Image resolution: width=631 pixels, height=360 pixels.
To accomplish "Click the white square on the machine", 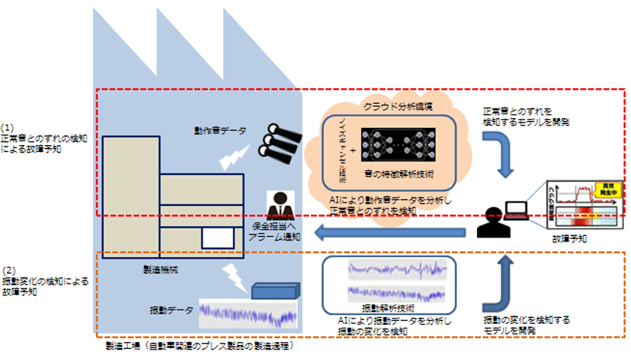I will [216, 237].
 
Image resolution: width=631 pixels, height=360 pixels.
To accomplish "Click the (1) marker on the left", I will [8, 129].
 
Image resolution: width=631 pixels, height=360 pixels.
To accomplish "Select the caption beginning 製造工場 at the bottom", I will [199, 346].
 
